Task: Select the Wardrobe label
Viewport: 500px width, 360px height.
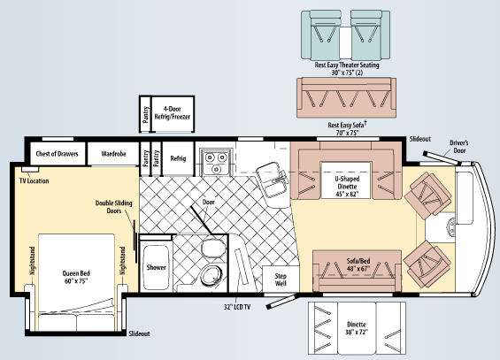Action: [x=113, y=152]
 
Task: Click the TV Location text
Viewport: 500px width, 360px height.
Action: [x=33, y=180]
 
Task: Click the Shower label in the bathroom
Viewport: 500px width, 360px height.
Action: [x=156, y=266]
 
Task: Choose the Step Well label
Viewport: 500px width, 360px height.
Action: [x=281, y=279]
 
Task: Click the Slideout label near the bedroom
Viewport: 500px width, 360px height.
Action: [x=139, y=334]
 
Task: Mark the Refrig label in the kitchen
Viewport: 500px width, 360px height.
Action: [x=178, y=158]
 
